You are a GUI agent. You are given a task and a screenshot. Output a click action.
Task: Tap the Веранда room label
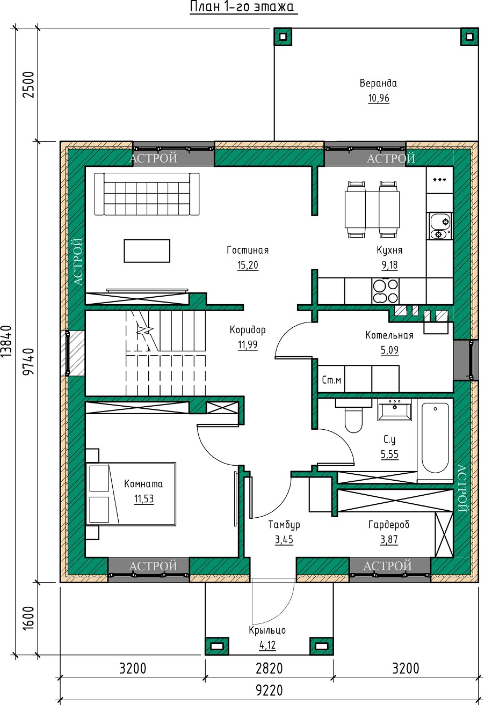pos(378,83)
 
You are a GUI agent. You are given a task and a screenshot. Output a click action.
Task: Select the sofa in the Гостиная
pos(147,194)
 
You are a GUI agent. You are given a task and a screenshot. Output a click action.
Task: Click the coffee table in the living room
pos(147,251)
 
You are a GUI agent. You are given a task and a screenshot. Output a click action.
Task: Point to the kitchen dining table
pos(372,210)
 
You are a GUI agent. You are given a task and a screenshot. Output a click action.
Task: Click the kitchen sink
pos(440,226)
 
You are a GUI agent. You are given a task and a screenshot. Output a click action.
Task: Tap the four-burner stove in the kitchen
pos(385,291)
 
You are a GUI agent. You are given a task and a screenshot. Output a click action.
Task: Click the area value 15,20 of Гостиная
pos(248,265)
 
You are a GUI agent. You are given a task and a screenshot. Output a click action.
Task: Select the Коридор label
pos(248,329)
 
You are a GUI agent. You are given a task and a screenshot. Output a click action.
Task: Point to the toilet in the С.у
pos(353,415)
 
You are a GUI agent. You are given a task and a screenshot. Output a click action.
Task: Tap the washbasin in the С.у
pos(394,410)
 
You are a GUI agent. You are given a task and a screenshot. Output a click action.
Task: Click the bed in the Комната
pos(131,494)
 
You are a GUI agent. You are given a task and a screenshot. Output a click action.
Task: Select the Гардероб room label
pos(389,524)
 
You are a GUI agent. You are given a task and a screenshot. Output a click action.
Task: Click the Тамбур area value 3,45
pos(284,539)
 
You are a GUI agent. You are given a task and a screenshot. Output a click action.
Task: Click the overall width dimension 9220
pos(269,690)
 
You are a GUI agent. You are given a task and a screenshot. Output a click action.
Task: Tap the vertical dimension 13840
pos(7,341)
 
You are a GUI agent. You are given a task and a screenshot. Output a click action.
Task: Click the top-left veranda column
pos(283,37)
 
